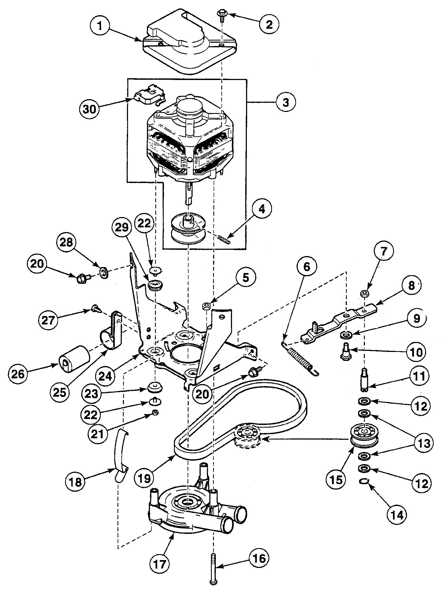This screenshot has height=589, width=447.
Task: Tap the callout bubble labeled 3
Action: click(x=286, y=102)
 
